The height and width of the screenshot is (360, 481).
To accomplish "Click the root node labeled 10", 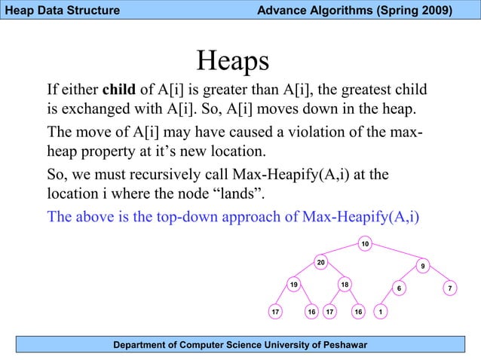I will point(364,244).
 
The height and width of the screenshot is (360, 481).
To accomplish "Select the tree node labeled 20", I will point(320,262).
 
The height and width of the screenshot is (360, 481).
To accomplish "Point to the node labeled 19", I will point(294,284).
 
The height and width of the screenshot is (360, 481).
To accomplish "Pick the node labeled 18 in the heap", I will point(344,284).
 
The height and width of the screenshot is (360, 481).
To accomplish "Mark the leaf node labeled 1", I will point(381,311).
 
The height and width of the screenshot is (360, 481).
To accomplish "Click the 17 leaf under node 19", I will point(276,311).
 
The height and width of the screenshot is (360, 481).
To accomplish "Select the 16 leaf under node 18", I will point(359,311).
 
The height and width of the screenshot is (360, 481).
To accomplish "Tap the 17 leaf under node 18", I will point(329,311).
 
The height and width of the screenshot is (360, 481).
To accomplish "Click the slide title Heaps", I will point(232,60).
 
